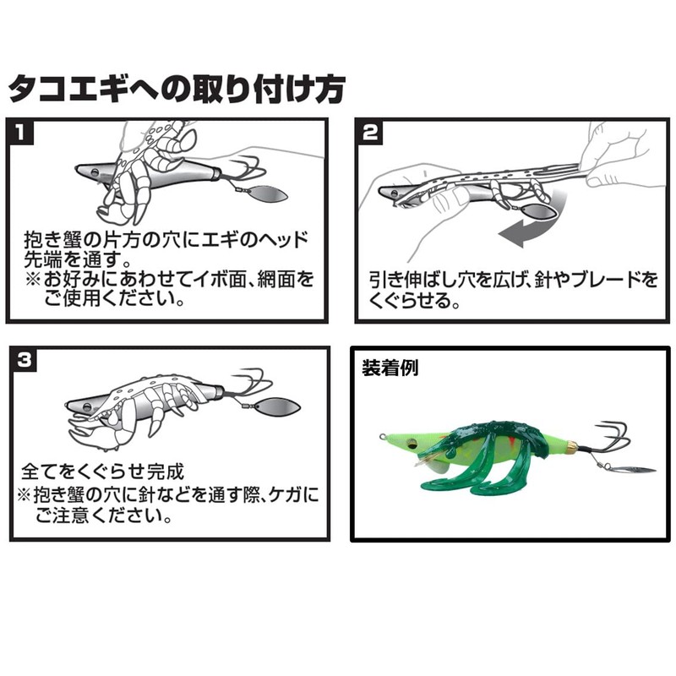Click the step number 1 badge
pos(20,133)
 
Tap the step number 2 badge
pos(370,133)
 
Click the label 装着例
pos(390,368)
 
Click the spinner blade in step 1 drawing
pos(267,196)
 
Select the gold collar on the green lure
pos(572,446)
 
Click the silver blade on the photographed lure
pos(634,469)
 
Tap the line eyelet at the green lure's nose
pos(383,436)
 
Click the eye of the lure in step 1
pos(95,172)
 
